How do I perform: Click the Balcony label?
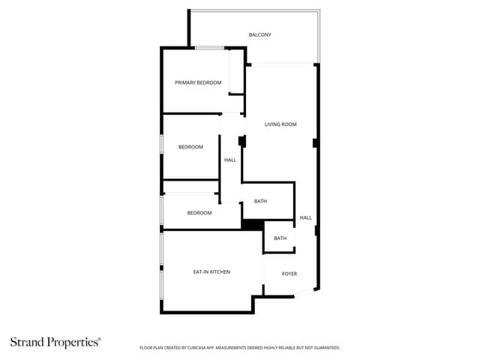point(259,35)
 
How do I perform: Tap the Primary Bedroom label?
point(198,82)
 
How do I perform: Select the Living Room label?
point(280,124)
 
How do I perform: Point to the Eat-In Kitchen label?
point(211,271)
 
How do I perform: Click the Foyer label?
point(289,274)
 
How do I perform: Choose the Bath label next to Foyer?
point(280,238)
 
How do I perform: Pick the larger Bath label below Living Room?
point(260,201)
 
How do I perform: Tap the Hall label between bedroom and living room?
point(230,160)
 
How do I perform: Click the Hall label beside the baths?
point(305,217)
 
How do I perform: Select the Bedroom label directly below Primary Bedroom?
point(190,147)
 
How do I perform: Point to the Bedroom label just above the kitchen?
point(199,213)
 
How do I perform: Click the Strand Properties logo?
point(55,342)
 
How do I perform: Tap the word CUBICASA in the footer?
point(196,348)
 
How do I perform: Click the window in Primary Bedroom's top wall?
point(210,48)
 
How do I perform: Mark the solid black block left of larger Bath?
point(253,225)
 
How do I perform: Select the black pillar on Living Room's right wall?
point(315,143)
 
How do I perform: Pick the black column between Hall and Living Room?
point(241,141)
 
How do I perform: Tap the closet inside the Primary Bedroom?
point(236,72)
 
